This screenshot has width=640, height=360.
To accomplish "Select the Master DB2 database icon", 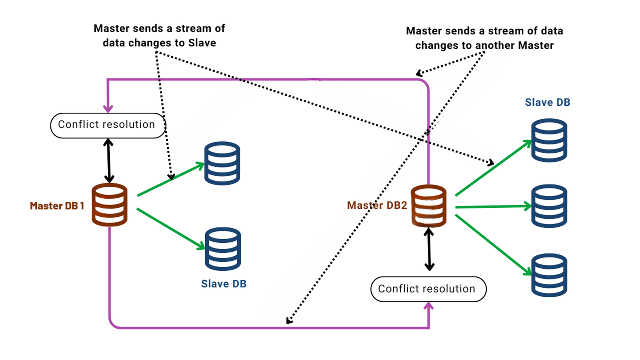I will (x=429, y=205).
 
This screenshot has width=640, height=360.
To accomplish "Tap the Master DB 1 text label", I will (x=57, y=206).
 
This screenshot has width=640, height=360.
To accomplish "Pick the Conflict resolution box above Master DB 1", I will (x=107, y=125).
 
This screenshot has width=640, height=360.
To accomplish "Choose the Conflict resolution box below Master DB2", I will (x=428, y=289).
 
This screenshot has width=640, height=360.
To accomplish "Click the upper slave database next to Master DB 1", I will (x=223, y=163).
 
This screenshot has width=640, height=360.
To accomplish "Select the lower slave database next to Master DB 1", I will (x=223, y=248).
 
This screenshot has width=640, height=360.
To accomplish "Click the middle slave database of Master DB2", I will (x=549, y=206).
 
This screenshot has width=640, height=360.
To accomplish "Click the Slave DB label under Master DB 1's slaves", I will (x=224, y=284).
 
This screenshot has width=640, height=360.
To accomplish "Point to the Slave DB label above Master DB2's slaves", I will (x=548, y=102).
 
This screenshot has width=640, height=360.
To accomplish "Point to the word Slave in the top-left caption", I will (x=202, y=43).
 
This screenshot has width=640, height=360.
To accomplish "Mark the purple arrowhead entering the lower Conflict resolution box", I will (x=429, y=306).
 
